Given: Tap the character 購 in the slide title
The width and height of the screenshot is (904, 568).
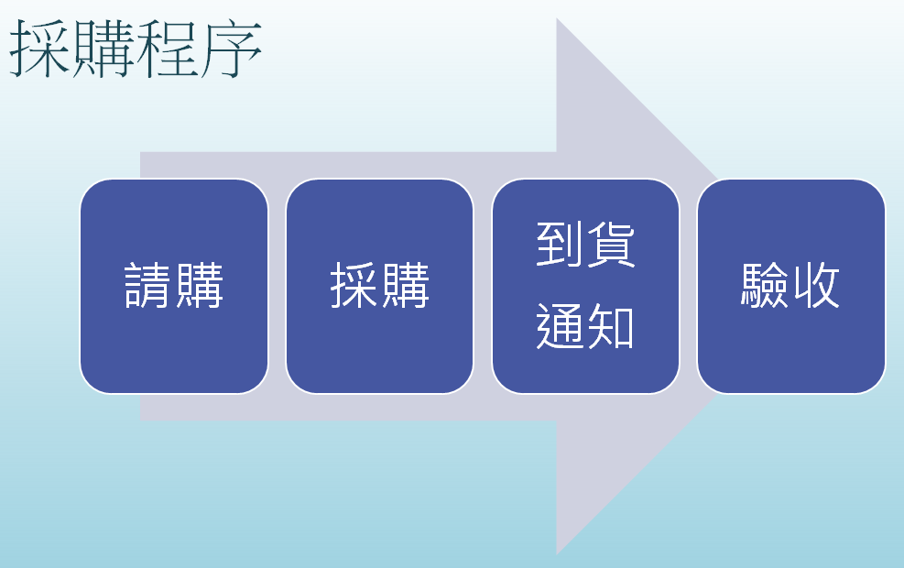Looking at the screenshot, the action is [104, 49].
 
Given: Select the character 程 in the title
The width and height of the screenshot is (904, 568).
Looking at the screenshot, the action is [168, 49].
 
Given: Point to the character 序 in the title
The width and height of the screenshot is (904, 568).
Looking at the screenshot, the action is [231, 49].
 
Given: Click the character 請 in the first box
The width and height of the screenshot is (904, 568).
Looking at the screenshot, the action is [148, 286].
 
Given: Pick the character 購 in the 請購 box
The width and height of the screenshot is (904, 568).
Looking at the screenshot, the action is [200, 286].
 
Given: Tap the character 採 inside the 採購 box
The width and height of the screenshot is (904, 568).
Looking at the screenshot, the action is [354, 286].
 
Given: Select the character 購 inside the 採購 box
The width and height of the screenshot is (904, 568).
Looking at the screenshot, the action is [406, 286].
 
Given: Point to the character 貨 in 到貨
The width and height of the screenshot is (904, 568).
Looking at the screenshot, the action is [611, 245].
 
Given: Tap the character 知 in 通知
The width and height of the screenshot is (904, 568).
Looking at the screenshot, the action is [611, 326].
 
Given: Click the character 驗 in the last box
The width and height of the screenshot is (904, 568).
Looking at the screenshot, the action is [765, 286].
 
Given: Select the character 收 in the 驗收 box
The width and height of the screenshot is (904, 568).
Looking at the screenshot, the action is [816, 286].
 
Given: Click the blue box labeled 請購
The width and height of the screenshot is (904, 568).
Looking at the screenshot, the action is [174, 286].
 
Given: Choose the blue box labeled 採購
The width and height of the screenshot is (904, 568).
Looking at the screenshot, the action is [380, 286].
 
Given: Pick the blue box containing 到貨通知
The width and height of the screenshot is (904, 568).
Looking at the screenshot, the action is [586, 286].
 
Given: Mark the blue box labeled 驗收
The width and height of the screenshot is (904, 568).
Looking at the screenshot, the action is [791, 286].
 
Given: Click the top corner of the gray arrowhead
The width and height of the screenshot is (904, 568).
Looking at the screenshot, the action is [557, 18].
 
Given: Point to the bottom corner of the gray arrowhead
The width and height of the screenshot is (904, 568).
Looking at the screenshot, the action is [557, 554].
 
